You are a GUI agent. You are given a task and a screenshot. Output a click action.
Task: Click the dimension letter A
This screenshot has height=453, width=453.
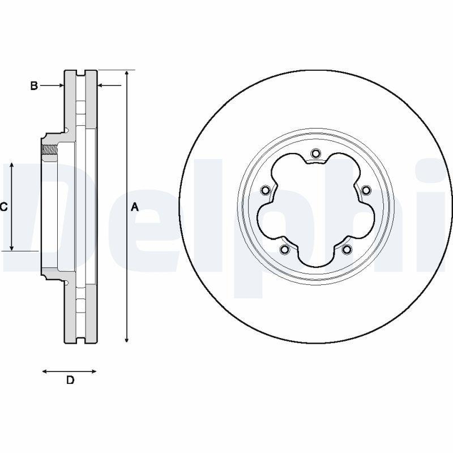[x=135, y=207]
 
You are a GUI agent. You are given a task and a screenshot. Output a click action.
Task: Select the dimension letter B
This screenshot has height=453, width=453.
[x=34, y=86]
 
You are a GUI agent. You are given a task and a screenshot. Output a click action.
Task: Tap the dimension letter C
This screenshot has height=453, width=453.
[x=3, y=207]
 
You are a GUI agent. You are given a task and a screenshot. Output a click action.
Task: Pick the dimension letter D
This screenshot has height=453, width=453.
[x=70, y=380]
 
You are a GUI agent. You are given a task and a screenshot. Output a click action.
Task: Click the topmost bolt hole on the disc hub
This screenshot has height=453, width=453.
[x=315, y=153]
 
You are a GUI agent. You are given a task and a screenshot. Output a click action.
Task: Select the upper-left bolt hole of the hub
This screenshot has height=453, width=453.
[x=265, y=190]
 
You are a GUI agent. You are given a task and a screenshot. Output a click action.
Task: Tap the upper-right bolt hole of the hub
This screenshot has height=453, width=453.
[x=366, y=190]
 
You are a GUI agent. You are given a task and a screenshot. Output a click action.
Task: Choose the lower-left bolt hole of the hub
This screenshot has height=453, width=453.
[x=284, y=249]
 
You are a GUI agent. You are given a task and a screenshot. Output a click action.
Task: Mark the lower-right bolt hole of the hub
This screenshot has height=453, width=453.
[x=347, y=249]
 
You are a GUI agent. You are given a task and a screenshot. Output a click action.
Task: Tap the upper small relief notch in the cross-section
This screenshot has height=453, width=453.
[x=66, y=131]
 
